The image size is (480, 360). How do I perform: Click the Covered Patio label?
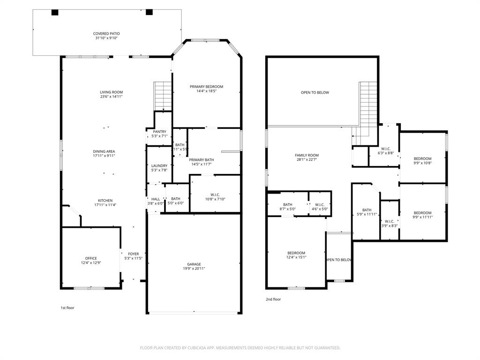pyautogui.click(x=106, y=34)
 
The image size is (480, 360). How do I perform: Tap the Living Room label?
pyautogui.click(x=111, y=92)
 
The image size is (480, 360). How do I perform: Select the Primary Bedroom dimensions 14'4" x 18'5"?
pyautogui.click(x=206, y=91)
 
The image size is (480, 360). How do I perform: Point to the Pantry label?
pyautogui.click(x=159, y=132)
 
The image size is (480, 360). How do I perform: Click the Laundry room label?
pyautogui.click(x=159, y=166)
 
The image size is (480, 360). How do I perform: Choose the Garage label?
pyautogui.click(x=194, y=264)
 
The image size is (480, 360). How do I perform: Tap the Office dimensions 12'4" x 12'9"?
pyautogui.click(x=91, y=263)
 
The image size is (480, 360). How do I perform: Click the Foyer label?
pyautogui.click(x=133, y=254)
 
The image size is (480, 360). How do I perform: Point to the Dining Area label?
pyautogui.click(x=104, y=151)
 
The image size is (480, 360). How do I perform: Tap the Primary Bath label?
pyautogui.click(x=202, y=160)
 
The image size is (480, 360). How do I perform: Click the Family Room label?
pyautogui.click(x=307, y=156)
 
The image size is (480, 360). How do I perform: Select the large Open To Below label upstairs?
pyautogui.click(x=315, y=93)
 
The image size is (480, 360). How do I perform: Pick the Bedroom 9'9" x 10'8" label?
pyautogui.click(x=422, y=159)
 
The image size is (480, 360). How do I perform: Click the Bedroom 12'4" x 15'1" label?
pyautogui.click(x=296, y=253)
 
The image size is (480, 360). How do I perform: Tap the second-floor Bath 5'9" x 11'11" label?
pyautogui.click(x=367, y=210)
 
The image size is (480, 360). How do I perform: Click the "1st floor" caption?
pyautogui.click(x=67, y=308)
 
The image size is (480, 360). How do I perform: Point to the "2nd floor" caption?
pyautogui.click(x=273, y=299)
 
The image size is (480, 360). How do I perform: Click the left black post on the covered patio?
pyautogui.click(x=55, y=13)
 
